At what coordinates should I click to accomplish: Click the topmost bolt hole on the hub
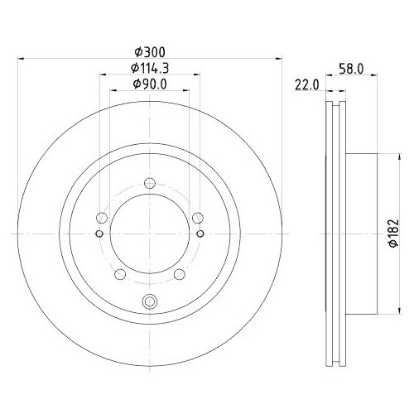(x=149, y=184)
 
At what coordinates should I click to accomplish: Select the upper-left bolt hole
(x=101, y=218)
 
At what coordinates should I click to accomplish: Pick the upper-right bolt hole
(x=197, y=218)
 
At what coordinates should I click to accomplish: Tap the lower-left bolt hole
(x=119, y=274)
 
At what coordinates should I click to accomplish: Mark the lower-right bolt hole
(x=179, y=274)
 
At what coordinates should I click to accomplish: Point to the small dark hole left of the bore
(x=99, y=233)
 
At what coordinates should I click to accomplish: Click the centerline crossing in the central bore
(x=149, y=233)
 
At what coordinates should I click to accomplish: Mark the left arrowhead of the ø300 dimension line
(x=20, y=59)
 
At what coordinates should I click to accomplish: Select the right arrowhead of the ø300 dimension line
(x=278, y=59)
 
